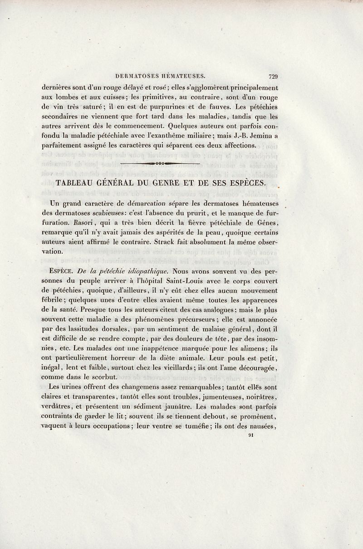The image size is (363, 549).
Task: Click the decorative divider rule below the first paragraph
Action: click(x=161, y=162)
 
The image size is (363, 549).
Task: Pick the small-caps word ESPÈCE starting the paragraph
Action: click(x=64, y=272)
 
